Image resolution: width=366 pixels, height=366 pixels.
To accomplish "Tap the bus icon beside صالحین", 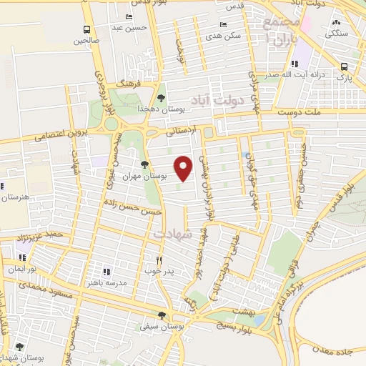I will [86, 30].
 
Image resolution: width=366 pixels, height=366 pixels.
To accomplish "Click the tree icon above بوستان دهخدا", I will [162, 97].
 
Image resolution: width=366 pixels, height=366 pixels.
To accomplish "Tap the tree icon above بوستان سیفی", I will [163, 315].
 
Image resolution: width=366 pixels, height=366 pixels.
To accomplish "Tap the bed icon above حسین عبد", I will [129, 17].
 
